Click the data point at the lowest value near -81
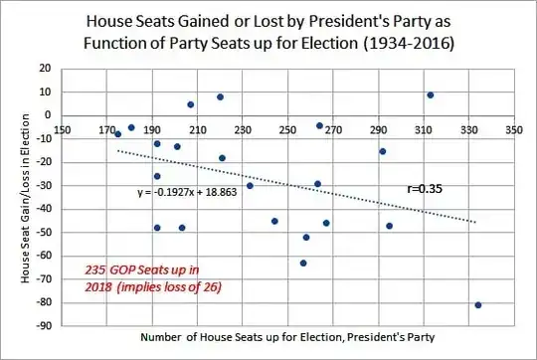(478, 304)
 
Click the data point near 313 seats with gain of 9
(431, 94)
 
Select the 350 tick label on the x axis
(514, 129)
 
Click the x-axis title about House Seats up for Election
(281, 339)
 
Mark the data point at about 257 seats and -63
(303, 263)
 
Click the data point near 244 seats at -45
(274, 221)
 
